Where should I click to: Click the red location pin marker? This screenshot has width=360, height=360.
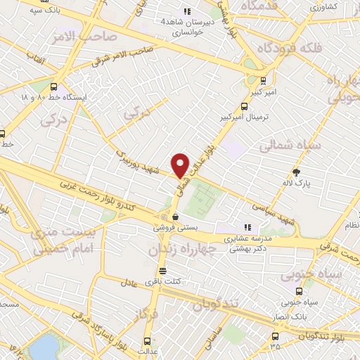coord(181,165)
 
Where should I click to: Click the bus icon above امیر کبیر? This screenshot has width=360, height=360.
coord(264,80)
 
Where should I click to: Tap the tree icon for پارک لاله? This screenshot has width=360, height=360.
coord(297,172)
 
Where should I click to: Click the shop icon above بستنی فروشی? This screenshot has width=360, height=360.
coord(174,217)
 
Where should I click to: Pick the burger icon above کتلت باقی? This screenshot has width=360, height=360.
coord(163,271)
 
